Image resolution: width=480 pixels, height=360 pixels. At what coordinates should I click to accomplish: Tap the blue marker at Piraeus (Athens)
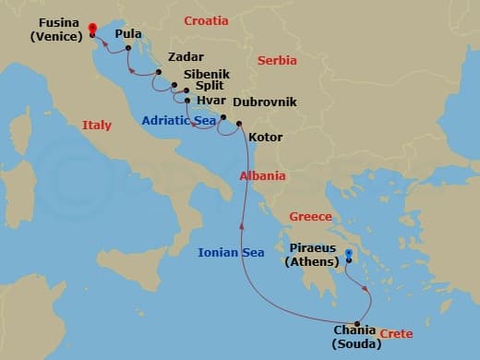(x=348, y=253)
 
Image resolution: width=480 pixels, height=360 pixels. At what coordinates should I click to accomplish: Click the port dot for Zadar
(x=159, y=72)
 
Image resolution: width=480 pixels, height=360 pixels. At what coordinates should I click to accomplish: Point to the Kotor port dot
(x=239, y=124)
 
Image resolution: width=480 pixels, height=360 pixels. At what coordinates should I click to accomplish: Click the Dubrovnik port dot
(x=222, y=117)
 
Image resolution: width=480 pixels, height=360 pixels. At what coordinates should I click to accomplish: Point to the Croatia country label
(x=207, y=20)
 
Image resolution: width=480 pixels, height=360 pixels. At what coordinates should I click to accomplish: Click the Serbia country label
(x=277, y=60)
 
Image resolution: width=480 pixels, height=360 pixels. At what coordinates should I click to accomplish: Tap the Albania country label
(x=262, y=175)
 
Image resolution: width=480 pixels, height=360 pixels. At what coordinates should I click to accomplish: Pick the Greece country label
(x=309, y=217)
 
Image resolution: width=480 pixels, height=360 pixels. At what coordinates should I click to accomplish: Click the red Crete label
(x=395, y=333)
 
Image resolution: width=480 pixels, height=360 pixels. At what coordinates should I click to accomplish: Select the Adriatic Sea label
(x=179, y=120)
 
